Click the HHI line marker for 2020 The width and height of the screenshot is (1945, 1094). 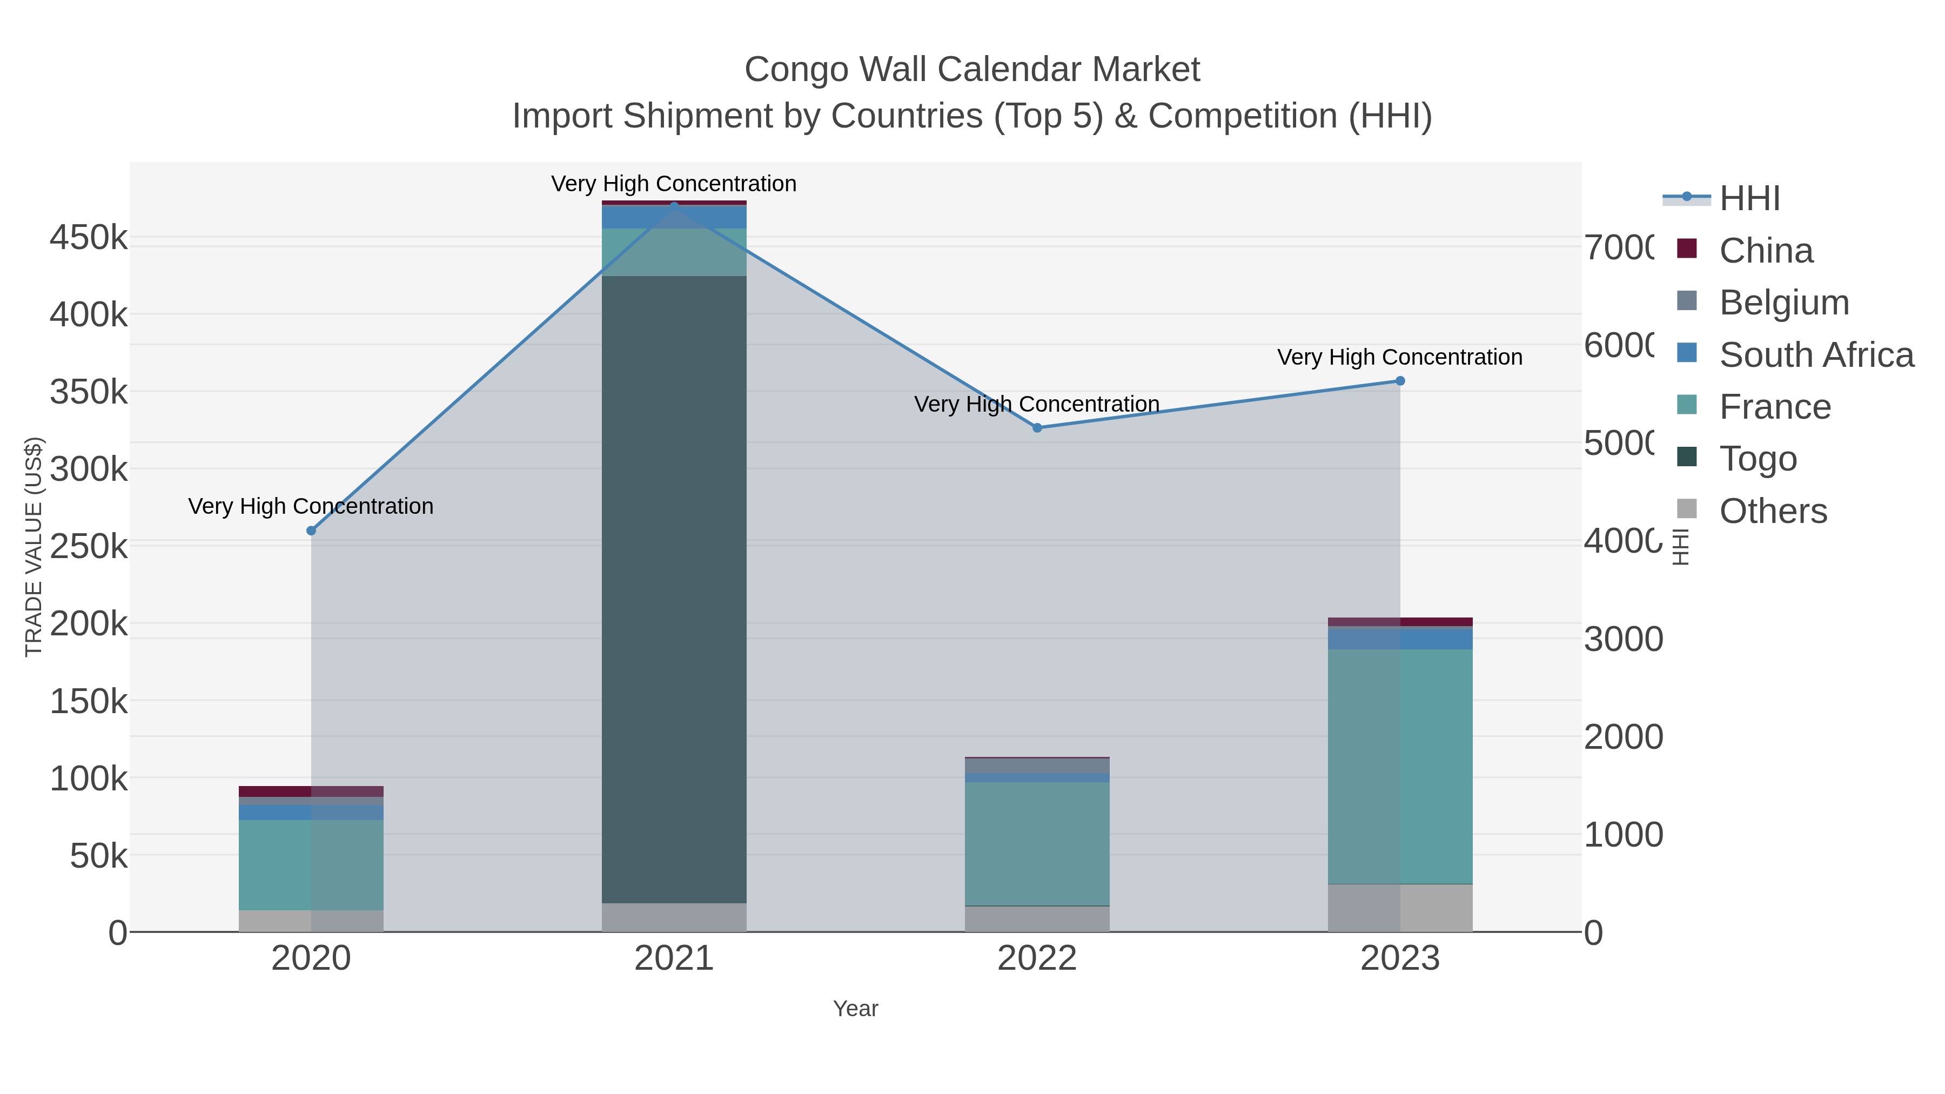311,531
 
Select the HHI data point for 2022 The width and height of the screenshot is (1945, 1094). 1037,428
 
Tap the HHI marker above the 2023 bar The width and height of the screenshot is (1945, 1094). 1400,381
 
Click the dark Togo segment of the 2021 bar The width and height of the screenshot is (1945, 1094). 674,589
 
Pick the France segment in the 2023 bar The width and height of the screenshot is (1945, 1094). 1400,766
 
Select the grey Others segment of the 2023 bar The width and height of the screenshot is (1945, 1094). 1400,908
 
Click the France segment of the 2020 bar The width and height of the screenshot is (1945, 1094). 311,864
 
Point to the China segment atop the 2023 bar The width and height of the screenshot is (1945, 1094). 1400,622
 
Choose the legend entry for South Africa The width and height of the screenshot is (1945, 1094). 1816,355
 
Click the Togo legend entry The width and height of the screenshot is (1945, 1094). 1758,459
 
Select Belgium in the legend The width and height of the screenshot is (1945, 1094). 1783,303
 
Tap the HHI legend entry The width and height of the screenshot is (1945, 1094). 1749,199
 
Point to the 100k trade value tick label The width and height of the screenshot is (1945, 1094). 89,779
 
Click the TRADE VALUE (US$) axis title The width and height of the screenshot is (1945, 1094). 34,547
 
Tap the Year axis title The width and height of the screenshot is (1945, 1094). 855,1009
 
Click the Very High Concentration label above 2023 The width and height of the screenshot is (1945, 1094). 1400,357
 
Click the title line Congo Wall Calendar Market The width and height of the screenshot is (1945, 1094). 972,70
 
